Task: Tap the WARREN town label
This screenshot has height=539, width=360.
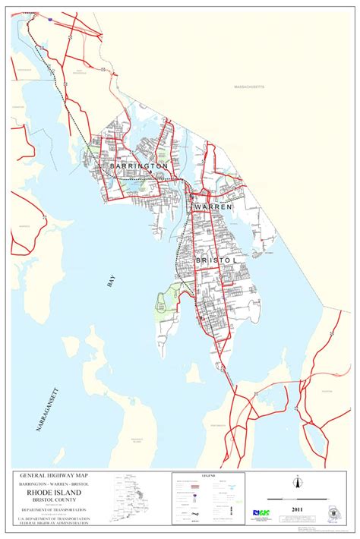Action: [x=213, y=206]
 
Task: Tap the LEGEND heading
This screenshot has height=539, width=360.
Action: [x=209, y=476]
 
